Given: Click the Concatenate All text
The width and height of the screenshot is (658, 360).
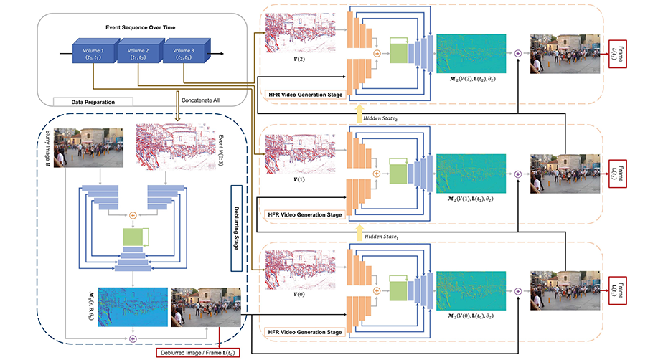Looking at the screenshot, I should click(x=204, y=100).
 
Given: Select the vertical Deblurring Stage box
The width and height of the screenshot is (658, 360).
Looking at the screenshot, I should click(x=235, y=228).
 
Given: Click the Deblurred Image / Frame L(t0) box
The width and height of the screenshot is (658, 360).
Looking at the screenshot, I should click(x=197, y=351).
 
